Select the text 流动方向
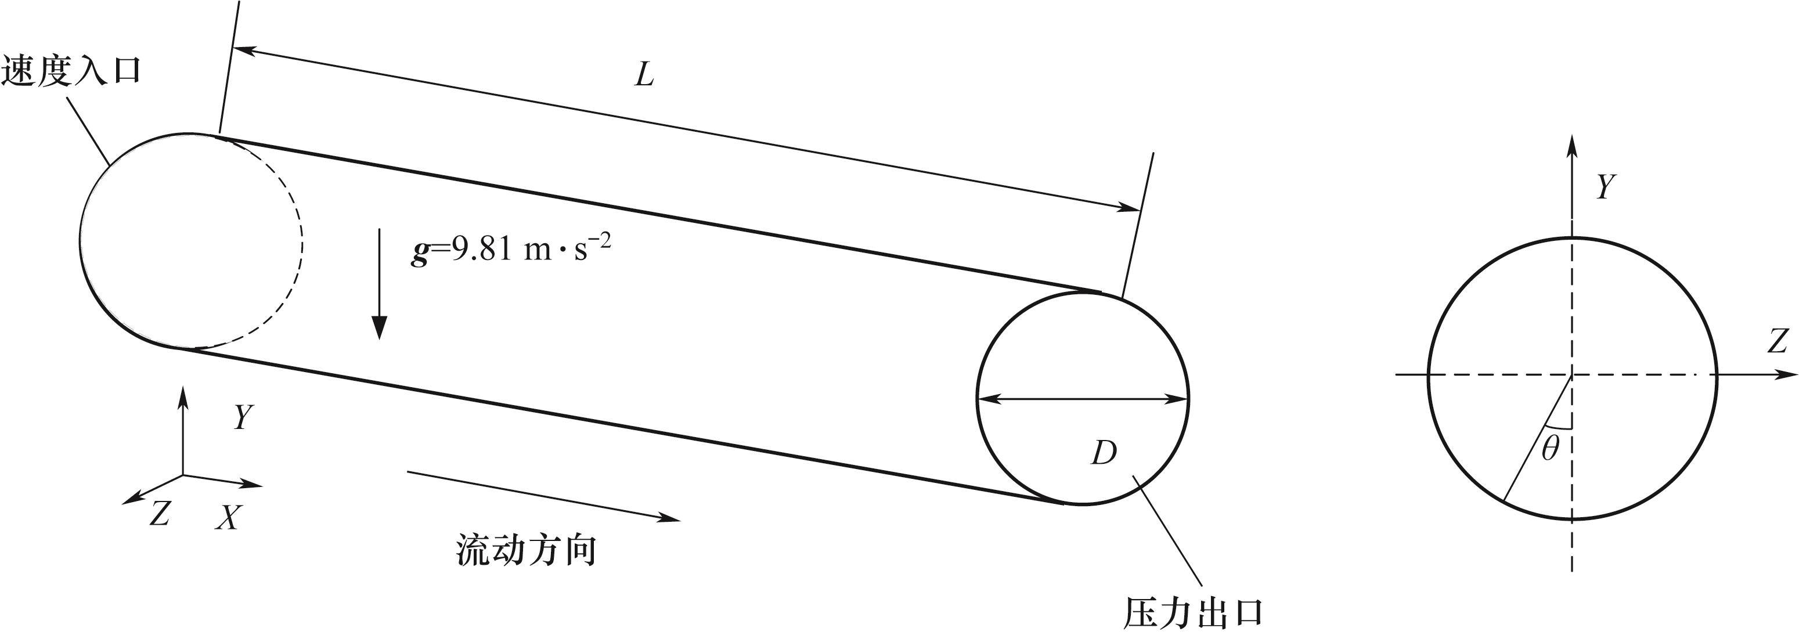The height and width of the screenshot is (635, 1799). click(527, 550)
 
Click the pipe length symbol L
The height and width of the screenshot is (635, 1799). click(644, 75)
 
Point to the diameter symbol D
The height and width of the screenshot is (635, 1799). click(1104, 453)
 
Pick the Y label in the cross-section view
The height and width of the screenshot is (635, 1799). click(1606, 187)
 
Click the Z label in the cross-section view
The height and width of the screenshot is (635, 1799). click(1777, 342)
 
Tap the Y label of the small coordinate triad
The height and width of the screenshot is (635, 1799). click(242, 418)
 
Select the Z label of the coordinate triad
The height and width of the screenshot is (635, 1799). click(160, 515)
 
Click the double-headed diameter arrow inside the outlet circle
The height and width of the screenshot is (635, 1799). click(1083, 399)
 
